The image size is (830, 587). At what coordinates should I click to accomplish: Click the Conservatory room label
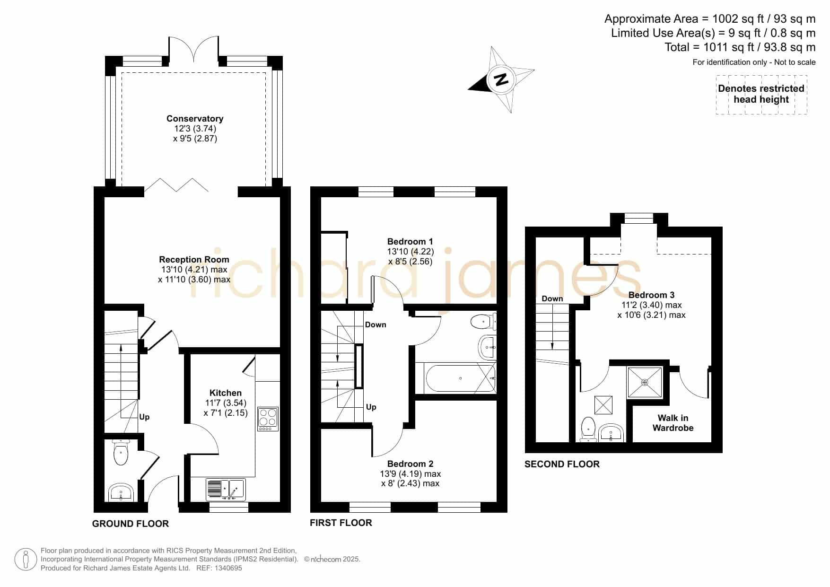click(195, 118)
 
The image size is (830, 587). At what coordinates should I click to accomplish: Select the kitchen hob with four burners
click(268, 419)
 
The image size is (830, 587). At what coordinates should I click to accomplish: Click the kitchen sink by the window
click(226, 489)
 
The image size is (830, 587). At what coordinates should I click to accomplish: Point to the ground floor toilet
click(121, 452)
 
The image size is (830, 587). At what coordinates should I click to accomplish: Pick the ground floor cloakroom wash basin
click(121, 492)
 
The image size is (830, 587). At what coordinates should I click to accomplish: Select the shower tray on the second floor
click(645, 382)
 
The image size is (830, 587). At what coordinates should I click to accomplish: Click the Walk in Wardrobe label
click(673, 423)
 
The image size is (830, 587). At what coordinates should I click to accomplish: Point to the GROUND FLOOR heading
click(131, 524)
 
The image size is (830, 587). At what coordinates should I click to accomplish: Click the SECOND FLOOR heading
click(562, 464)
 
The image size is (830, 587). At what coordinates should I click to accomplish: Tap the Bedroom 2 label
click(410, 464)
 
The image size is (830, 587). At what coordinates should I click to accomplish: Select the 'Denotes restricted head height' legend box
click(761, 95)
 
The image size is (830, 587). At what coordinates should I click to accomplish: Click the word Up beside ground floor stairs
click(144, 417)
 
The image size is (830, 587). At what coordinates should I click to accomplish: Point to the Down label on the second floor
click(552, 298)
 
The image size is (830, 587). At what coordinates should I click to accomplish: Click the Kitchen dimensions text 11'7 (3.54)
click(226, 403)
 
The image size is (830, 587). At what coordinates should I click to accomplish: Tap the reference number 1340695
click(229, 568)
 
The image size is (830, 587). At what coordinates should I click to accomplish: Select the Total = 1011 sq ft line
click(740, 47)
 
